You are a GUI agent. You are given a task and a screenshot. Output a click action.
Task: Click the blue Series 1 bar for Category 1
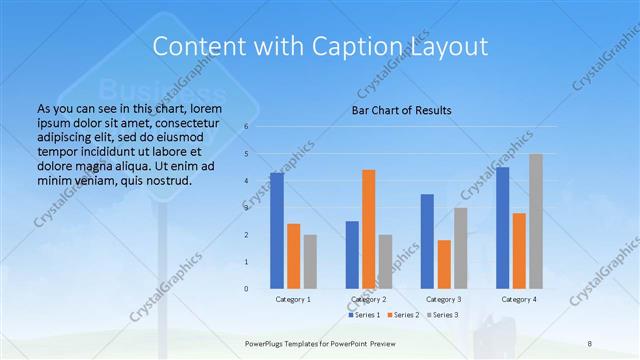pyautogui.click(x=277, y=230)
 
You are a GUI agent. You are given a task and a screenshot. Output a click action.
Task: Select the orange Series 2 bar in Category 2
pyautogui.click(x=369, y=229)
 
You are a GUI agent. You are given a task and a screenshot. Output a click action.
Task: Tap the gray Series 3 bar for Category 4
pyautogui.click(x=536, y=221)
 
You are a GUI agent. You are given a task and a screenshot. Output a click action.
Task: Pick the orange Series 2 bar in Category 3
pyautogui.click(x=444, y=264)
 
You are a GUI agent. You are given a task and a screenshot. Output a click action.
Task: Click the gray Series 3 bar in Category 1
pyautogui.click(x=310, y=261)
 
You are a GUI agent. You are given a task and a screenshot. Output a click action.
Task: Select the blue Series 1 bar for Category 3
pyautogui.click(x=427, y=241)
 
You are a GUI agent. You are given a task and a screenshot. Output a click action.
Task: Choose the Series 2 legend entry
pyautogui.click(x=402, y=315)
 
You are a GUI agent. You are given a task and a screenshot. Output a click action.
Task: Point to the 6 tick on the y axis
pyautogui.click(x=246, y=127)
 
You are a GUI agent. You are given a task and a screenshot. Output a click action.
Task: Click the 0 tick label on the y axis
pyautogui.click(x=246, y=289)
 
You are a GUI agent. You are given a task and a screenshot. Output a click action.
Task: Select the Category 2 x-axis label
pyautogui.click(x=369, y=299)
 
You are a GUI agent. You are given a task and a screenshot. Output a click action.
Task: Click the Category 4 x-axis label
pyautogui.click(x=519, y=299)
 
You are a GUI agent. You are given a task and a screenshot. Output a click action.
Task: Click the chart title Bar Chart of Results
pyautogui.click(x=402, y=109)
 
